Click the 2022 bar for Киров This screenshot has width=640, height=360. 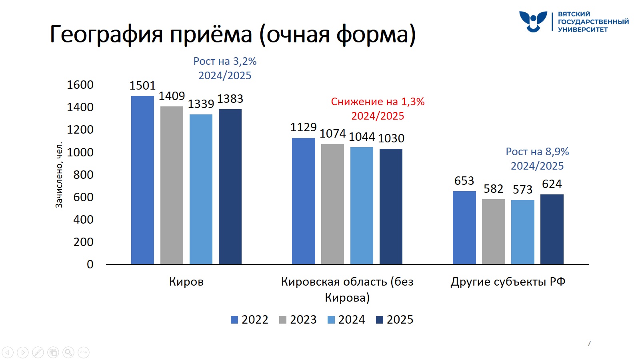pyautogui.click(x=142, y=180)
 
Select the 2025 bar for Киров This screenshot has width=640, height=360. pyautogui.click(x=230, y=186)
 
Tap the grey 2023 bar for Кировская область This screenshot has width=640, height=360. pyautogui.click(x=332, y=204)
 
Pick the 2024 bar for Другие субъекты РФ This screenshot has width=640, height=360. pyautogui.click(x=522, y=232)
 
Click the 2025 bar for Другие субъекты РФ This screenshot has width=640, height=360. pyautogui.click(x=552, y=229)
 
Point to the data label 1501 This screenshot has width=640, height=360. pyautogui.click(x=142, y=86)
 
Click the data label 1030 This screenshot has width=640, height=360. pyautogui.click(x=391, y=138)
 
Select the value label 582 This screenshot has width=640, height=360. pyautogui.click(x=493, y=189)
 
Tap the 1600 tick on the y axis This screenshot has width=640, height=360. pyautogui.click(x=80, y=85)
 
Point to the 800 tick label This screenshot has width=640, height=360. pyautogui.click(x=83, y=175)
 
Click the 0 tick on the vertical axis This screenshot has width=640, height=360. pyautogui.click(x=90, y=264)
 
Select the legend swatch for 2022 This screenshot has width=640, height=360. pyautogui.click(x=234, y=320)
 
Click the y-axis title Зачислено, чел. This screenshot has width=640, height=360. pyautogui.click(x=59, y=175)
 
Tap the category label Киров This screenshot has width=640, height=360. pyautogui.click(x=186, y=282)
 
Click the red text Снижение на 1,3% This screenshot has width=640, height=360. pyautogui.click(x=378, y=102)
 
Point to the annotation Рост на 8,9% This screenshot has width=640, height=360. pyautogui.click(x=537, y=152)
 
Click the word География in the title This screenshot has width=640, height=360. pyautogui.click(x=106, y=34)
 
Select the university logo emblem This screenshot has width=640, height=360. pyautogui.click(x=533, y=21)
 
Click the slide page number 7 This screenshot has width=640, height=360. pyautogui.click(x=589, y=343)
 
